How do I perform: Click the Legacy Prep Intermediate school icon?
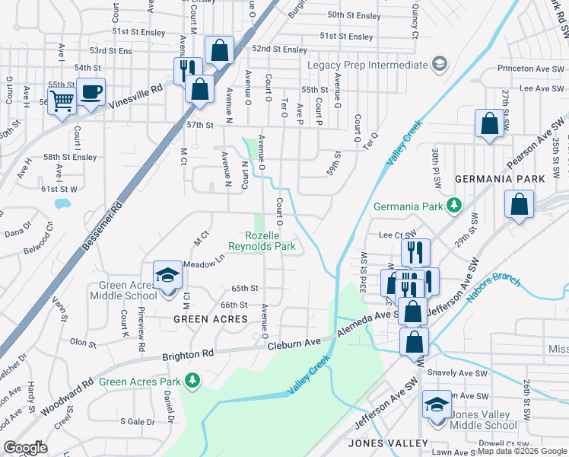point(439,64)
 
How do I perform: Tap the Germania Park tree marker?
point(454,205)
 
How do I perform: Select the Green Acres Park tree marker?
point(194,379)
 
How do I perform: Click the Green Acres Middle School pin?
point(167,276)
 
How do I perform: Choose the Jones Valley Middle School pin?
point(437,404)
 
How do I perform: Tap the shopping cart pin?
point(62,99)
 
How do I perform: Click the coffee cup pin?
point(91,93)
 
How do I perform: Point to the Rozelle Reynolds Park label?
point(263,241)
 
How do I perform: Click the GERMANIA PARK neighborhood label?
point(500,178)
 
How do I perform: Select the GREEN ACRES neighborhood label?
point(211,318)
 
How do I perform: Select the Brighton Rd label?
point(188,355)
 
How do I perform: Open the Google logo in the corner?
point(26,448)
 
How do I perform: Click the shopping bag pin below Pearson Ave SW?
point(518,205)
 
